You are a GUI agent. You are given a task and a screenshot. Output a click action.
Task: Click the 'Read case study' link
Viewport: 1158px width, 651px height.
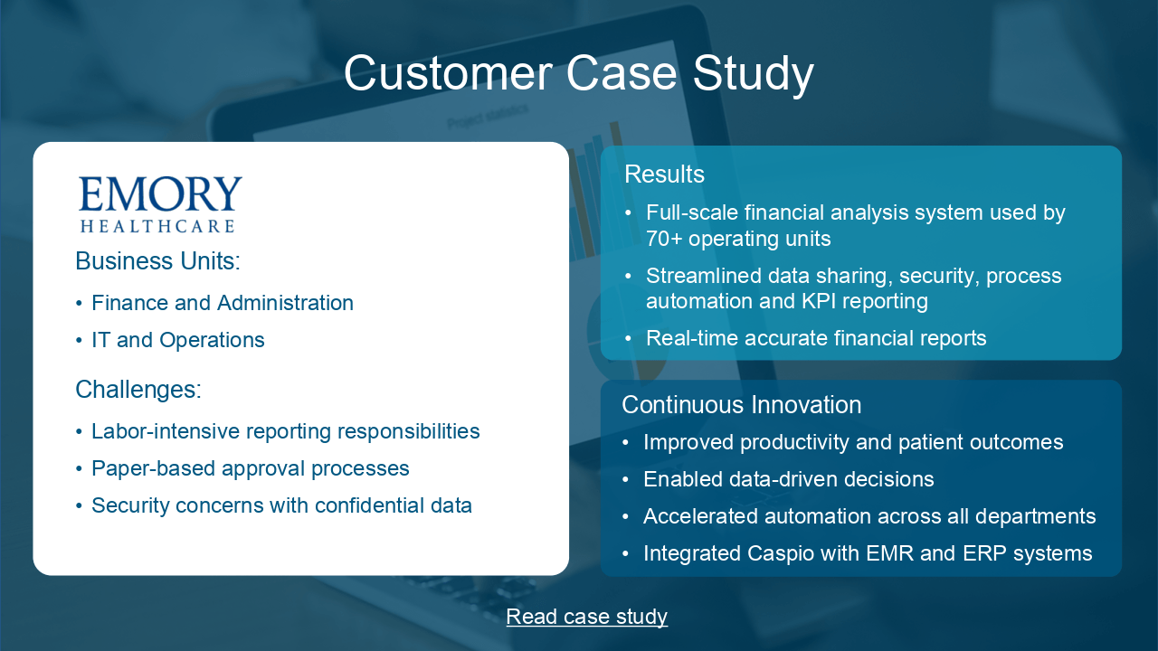point(587,617)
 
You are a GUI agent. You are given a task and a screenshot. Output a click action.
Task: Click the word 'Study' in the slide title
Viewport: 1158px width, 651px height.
point(754,75)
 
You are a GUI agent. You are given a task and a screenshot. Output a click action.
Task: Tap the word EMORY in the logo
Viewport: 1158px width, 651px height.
point(160,193)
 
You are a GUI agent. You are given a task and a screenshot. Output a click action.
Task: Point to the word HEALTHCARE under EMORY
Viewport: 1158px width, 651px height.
point(157,226)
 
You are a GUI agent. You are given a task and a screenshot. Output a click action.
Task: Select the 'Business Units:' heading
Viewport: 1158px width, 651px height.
point(157,261)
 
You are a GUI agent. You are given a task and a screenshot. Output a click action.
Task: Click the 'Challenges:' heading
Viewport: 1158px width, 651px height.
point(138,389)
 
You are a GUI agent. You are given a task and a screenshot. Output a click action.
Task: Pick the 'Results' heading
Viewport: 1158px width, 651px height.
point(664,175)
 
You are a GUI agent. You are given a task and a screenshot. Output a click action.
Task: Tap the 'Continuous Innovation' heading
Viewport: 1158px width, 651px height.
point(741,404)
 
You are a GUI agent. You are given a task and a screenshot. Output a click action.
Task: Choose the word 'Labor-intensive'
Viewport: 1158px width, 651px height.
point(166,431)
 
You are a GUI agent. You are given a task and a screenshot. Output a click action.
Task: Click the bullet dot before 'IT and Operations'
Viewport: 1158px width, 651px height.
point(79,341)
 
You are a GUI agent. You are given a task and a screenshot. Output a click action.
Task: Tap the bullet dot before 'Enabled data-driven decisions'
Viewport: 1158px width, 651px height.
point(625,480)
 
